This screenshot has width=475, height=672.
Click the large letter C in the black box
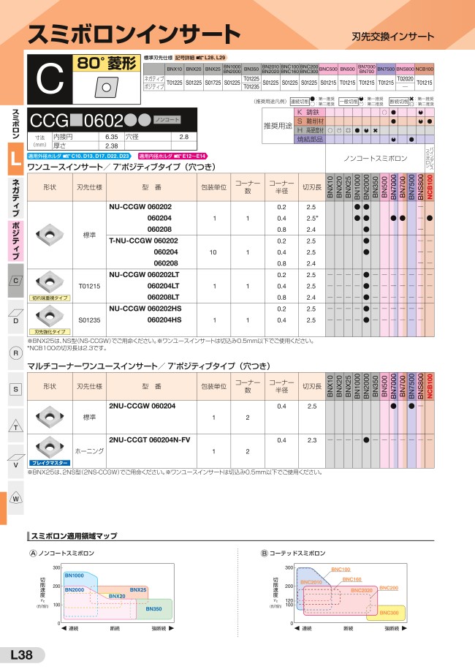coord(49,82)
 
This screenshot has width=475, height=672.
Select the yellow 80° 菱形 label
coord(107,64)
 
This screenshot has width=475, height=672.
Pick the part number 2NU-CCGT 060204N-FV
coord(149,439)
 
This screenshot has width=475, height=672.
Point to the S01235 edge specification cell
coord(88,320)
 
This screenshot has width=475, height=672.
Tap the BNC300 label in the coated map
coord(389,612)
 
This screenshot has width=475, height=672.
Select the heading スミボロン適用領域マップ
coord(72,536)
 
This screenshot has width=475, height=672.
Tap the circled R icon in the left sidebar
coord(15,354)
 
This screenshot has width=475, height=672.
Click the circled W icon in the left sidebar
coord(15,498)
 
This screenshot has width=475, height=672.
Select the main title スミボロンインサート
coord(133,34)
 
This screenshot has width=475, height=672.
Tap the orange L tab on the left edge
coord(15,163)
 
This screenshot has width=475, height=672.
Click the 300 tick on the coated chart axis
coord(289,567)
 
